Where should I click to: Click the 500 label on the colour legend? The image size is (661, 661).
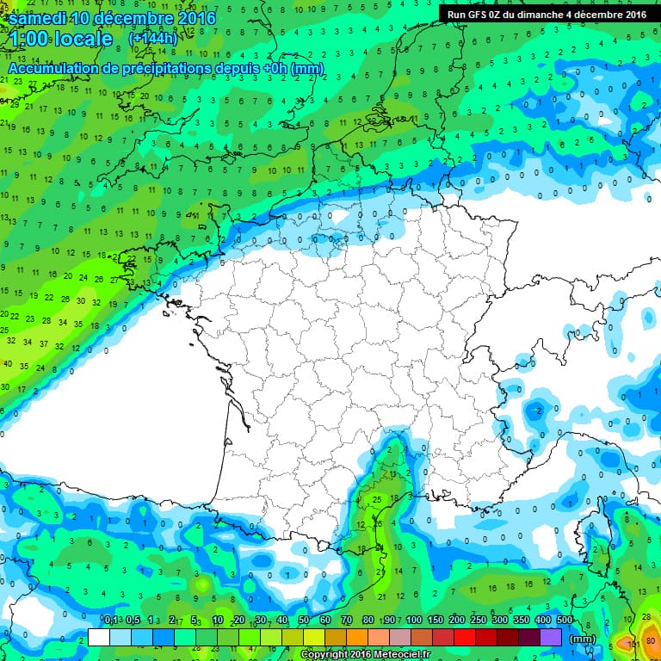click(565, 621)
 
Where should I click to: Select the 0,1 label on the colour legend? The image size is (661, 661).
click(111, 621)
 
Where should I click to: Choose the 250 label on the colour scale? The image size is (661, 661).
click(478, 621)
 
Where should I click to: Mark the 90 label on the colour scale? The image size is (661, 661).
click(389, 621)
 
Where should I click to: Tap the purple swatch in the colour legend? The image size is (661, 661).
click(552, 637)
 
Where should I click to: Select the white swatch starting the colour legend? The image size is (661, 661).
click(99, 637)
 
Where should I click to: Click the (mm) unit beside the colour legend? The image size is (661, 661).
click(584, 638)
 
